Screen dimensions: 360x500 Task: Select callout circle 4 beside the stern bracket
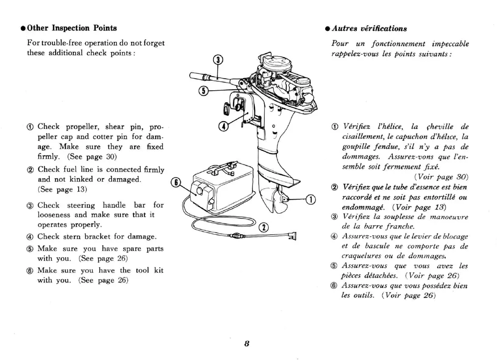[x=224, y=126]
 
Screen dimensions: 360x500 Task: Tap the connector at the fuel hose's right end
[x=292, y=235]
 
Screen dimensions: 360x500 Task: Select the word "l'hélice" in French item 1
[x=391, y=126]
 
